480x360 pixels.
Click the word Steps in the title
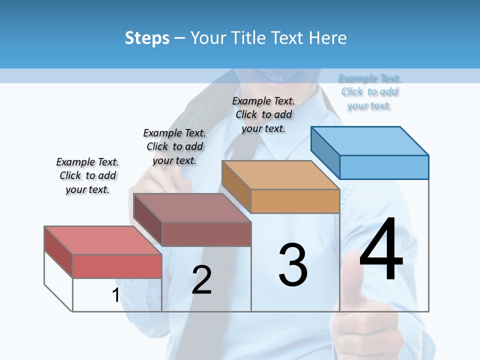tap(147, 38)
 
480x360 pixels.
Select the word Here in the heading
tap(328, 38)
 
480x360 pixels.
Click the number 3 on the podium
tap(293, 264)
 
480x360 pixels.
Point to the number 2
tap(201, 280)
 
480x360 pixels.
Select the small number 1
tap(115, 295)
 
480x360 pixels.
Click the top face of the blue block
tap(370, 140)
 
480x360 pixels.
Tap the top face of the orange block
tap(280, 175)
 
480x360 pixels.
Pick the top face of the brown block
tap(192, 207)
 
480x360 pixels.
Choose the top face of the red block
tap(103, 240)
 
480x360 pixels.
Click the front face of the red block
tap(117, 266)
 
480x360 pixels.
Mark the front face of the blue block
tap(384, 167)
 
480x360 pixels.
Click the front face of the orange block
tap(295, 201)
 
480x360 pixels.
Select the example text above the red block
tap(87, 175)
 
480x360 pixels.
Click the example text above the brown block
tap(174, 146)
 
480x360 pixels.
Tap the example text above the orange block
tap(263, 114)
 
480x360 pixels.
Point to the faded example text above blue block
tap(369, 91)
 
